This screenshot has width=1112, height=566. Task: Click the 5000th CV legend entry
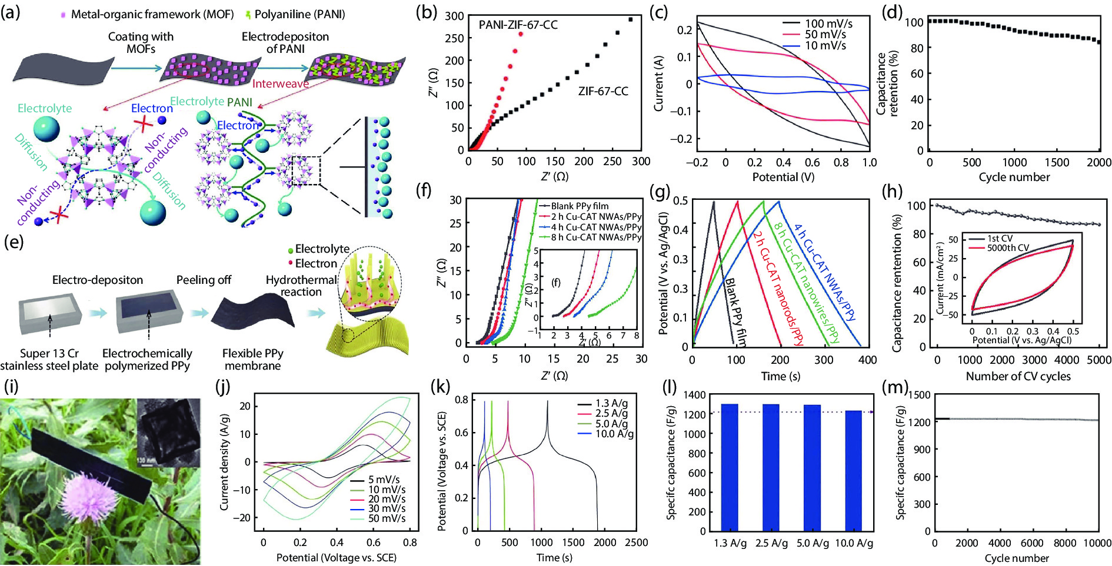pos(1008,248)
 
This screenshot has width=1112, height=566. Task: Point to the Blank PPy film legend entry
pos(580,206)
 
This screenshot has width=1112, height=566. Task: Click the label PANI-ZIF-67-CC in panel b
pos(518,25)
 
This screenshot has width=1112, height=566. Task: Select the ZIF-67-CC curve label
pos(603,91)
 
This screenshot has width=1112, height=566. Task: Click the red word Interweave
pos(280,83)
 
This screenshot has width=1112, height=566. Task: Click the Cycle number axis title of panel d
pos(1014,177)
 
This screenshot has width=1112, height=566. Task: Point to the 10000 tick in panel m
pos(1097,543)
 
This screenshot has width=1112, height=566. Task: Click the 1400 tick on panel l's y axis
pos(695,395)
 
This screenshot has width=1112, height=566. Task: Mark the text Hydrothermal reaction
pos(301,286)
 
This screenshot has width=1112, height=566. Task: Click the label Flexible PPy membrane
pos(253,359)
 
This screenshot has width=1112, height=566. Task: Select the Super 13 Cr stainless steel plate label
pos(49,359)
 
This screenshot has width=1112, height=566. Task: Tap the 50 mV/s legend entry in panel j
pos(387,518)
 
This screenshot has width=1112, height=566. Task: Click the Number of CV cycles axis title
pos(1018,376)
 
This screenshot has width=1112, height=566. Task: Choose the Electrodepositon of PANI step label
pos(285,42)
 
